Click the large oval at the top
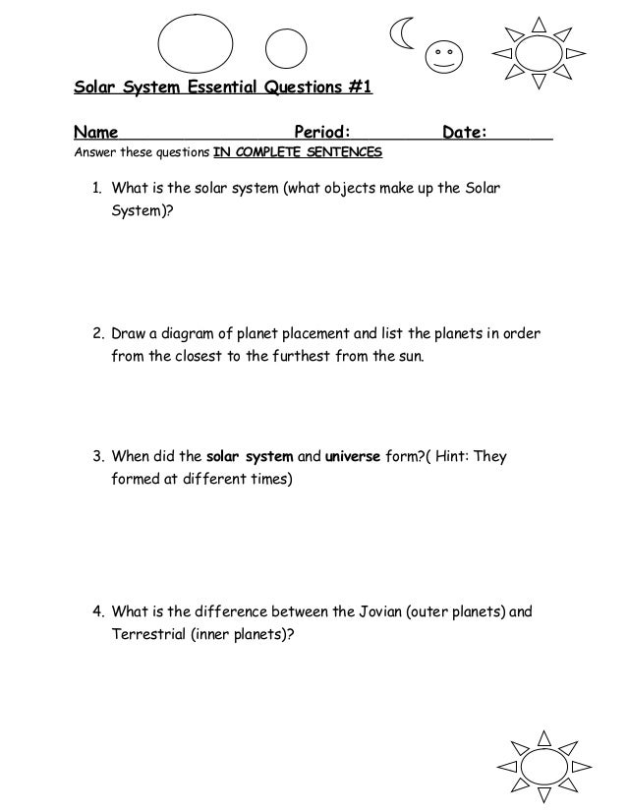pos(196,44)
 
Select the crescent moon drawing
pos(401,34)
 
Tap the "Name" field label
pos(96,133)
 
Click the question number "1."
pos(98,188)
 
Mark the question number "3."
pos(98,457)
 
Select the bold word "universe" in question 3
pos(352,457)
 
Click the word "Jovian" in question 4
pos(362,611)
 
